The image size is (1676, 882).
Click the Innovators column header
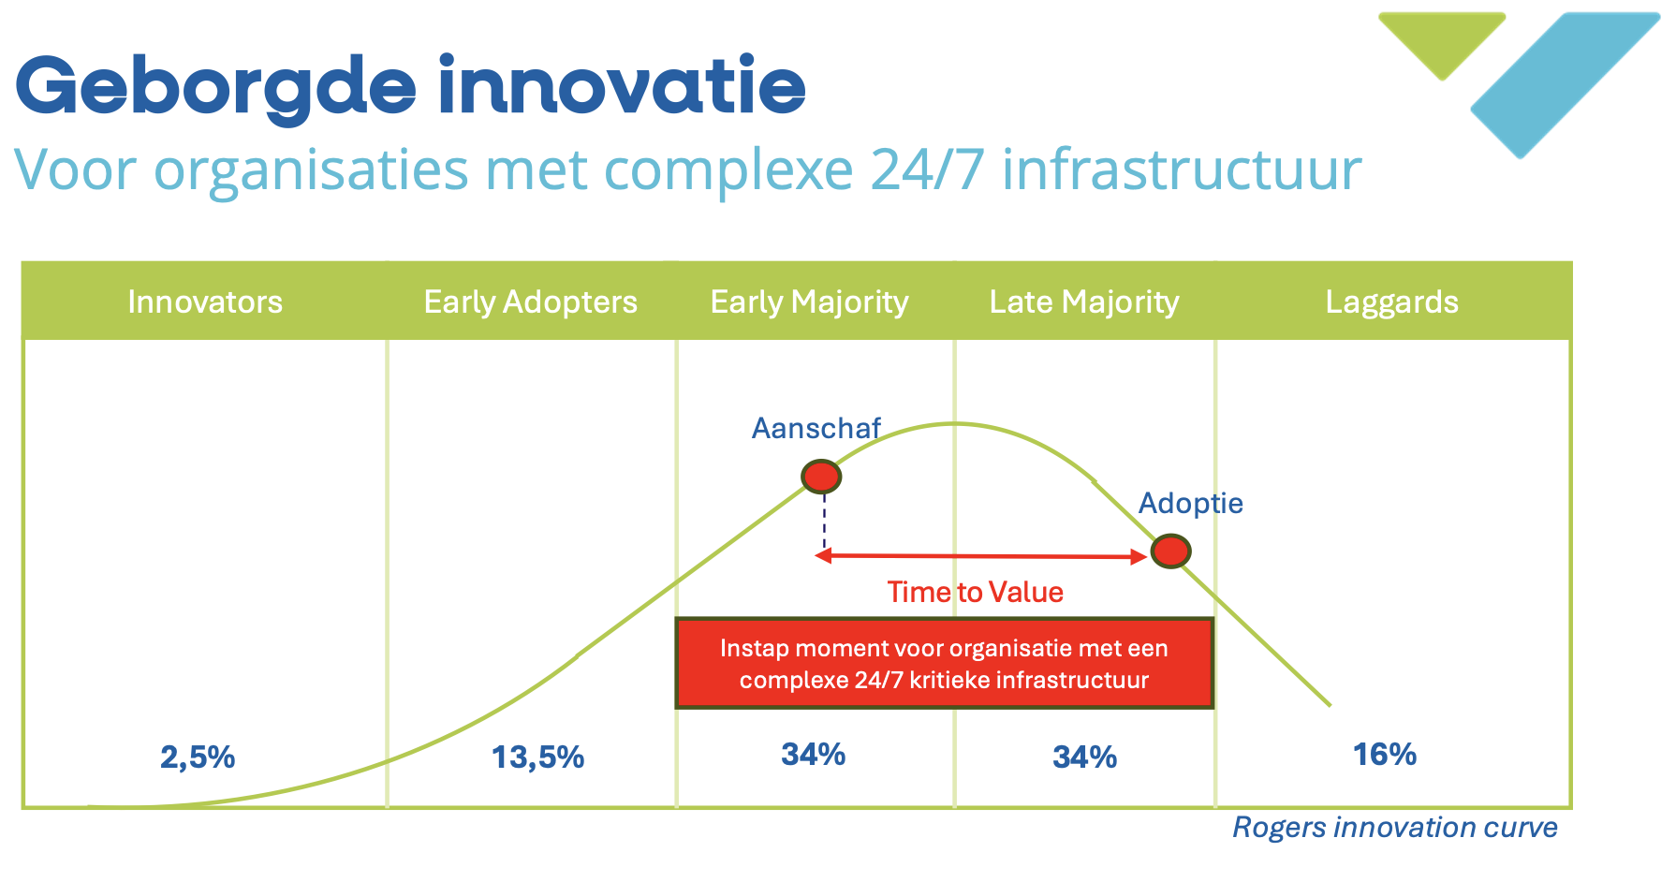[205, 301]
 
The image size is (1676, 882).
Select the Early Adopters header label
[530, 301]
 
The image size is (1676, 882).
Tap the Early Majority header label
[809, 301]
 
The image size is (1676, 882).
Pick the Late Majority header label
[1084, 301]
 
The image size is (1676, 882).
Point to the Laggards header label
[1391, 301]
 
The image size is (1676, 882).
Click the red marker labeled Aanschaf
[821, 477]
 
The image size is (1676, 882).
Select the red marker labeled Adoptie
[1170, 551]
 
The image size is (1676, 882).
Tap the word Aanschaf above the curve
[816, 428]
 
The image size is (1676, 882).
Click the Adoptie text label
[1190, 503]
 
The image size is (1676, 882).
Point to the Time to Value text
[975, 592]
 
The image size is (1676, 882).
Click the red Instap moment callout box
[944, 663]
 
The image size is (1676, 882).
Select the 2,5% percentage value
[198, 757]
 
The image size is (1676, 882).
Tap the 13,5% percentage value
[537, 757]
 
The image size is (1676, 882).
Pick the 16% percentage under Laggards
[1384, 754]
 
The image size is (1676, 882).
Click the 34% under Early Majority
[813, 754]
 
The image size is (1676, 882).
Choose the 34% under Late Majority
[1084, 757]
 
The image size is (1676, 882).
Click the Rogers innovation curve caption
[1394, 827]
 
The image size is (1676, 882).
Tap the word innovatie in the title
[622, 86]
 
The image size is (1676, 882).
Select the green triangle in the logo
[1442, 39]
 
